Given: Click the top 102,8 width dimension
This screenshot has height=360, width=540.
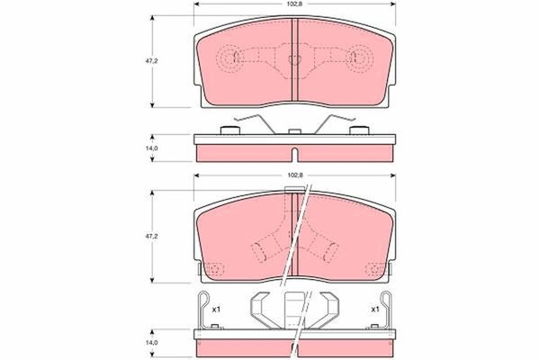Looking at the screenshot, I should (x=293, y=4).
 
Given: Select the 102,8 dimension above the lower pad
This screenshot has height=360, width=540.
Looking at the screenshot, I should (x=293, y=176).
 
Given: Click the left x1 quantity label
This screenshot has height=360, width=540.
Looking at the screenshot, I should (x=216, y=310).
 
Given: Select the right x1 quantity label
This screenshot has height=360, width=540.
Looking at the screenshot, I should (x=373, y=310).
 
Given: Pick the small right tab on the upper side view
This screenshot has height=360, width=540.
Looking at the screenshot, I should (x=363, y=131).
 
